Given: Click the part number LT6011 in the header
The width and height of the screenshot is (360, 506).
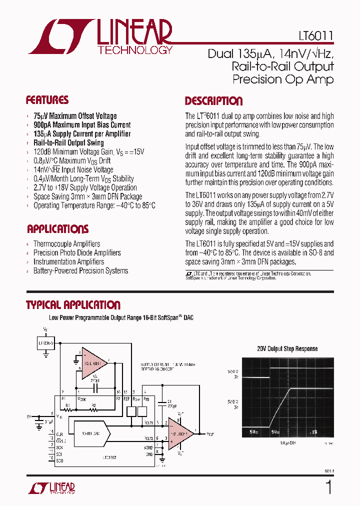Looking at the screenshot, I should pyautogui.click(x=313, y=37).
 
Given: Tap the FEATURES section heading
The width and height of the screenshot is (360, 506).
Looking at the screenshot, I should pyautogui.click(x=47, y=100).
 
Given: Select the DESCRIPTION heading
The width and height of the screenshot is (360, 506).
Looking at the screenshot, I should pyautogui.click(x=213, y=101).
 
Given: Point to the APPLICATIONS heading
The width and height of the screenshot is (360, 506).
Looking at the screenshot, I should pyautogui.click(x=57, y=229).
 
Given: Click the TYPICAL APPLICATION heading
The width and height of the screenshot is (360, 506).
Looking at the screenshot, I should pyautogui.click(x=73, y=305).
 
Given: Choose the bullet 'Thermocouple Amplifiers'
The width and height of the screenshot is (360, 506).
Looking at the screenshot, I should pyautogui.click(x=66, y=243).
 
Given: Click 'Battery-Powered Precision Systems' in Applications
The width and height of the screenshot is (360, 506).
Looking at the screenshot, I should pyautogui.click(x=80, y=270).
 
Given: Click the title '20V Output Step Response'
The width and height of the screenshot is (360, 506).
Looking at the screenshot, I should pyautogui.click(x=287, y=349).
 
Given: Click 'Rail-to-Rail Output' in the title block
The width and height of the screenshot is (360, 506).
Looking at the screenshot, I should pyautogui.click(x=282, y=66).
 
